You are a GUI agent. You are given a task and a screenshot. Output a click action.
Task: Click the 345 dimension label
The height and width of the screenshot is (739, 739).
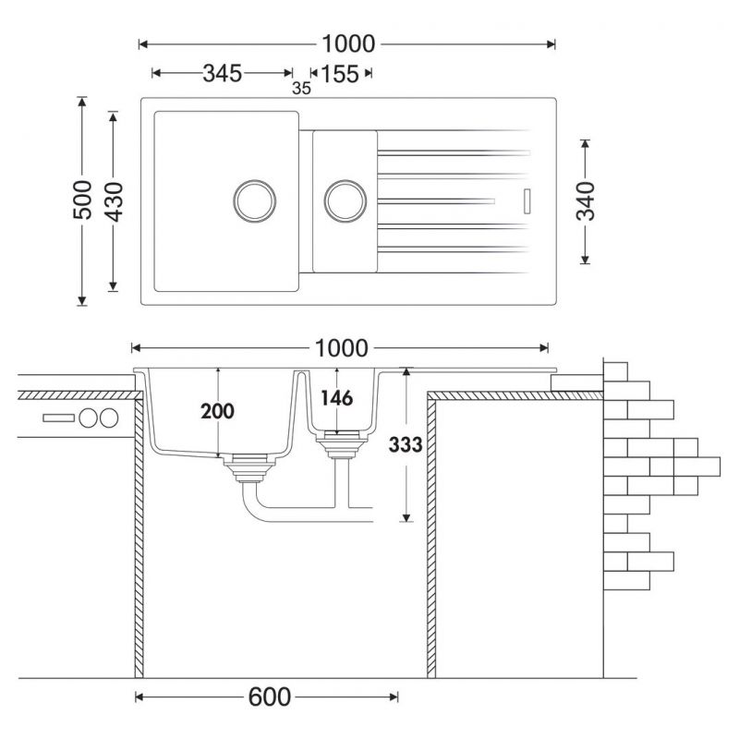pyautogui.click(x=223, y=74)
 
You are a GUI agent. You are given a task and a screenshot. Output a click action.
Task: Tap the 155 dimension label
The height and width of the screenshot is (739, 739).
pyautogui.click(x=340, y=74)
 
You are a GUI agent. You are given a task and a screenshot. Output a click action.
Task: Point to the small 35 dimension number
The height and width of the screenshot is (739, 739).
pyautogui.click(x=300, y=89)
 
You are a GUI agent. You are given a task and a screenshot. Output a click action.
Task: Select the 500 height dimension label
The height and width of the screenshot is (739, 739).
pyautogui.click(x=82, y=200)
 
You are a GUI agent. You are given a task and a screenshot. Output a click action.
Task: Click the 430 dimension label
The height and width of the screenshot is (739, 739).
pyautogui.click(x=114, y=200)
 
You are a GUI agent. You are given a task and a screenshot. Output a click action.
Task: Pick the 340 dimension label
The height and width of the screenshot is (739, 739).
pyautogui.click(x=586, y=201)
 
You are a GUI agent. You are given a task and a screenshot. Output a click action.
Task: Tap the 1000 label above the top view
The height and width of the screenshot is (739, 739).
pyautogui.click(x=348, y=43)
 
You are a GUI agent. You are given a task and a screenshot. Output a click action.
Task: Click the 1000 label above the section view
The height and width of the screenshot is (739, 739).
pyautogui.click(x=341, y=348)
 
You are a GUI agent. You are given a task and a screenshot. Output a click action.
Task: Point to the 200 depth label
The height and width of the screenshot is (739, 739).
pyautogui.click(x=218, y=411)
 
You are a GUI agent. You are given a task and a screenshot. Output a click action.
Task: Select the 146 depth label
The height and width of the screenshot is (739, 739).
pyautogui.click(x=336, y=399)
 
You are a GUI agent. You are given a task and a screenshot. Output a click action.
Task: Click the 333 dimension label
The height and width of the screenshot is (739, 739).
pyautogui.click(x=406, y=445)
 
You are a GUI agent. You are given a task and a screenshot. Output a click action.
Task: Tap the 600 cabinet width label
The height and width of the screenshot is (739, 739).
pyautogui.click(x=268, y=697)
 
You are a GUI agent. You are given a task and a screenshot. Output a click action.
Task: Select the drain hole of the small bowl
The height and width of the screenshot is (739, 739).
pyautogui.click(x=344, y=199)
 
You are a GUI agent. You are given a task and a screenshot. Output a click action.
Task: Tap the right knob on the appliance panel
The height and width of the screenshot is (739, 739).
pyautogui.click(x=110, y=418)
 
